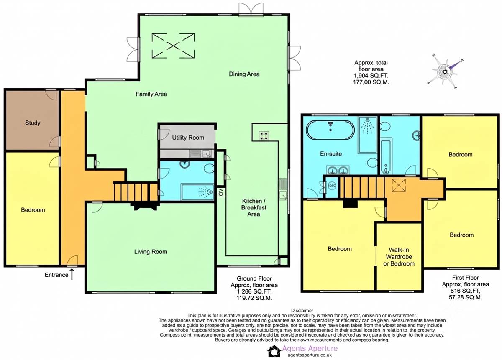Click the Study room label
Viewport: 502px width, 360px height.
point(33,123)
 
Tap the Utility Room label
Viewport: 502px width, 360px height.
point(188,138)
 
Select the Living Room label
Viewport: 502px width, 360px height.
point(151,252)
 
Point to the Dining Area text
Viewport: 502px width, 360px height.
point(244,74)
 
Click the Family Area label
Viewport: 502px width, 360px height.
point(151,94)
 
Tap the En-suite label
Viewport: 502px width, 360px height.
point(331,154)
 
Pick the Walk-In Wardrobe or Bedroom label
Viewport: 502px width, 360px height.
point(399,257)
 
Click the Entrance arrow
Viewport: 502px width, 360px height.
point(72,274)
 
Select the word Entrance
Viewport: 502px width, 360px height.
point(56,275)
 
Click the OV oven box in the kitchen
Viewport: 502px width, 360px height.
point(221,192)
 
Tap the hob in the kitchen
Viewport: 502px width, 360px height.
point(264,136)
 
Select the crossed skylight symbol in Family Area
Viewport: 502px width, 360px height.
point(173,46)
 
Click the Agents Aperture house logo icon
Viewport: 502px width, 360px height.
point(274,351)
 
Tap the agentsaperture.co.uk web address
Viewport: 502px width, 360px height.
point(310,355)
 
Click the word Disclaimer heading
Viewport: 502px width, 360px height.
point(302,311)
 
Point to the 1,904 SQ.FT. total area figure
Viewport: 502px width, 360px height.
point(371,76)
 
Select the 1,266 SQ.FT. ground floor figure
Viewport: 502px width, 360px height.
point(254,292)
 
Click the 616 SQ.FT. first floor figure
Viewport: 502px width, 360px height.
point(465,291)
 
